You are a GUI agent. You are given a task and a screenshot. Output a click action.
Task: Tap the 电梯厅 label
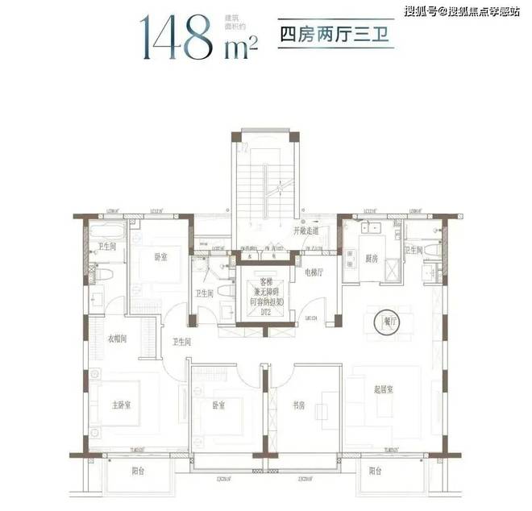pos(314,272)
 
